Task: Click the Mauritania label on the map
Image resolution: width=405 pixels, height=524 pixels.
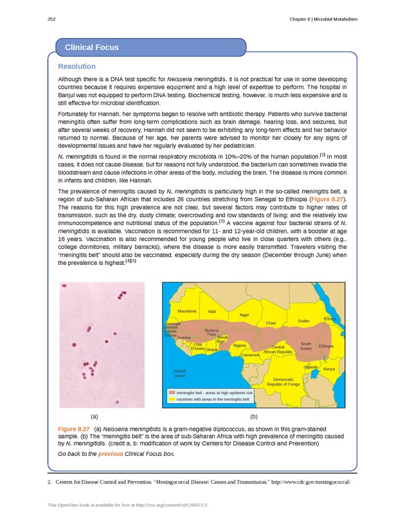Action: click(186, 311)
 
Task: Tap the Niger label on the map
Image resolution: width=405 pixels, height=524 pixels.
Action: click(244, 315)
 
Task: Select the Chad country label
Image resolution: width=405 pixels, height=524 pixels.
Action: click(271, 323)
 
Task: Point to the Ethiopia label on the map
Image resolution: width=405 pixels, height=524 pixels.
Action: click(326, 347)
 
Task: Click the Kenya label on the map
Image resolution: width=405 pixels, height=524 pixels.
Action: click(329, 369)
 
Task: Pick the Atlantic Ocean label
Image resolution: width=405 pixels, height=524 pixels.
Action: click(180, 374)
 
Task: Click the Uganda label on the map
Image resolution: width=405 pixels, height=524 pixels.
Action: click(310, 366)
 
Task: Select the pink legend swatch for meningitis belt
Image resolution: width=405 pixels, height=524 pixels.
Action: click(172, 392)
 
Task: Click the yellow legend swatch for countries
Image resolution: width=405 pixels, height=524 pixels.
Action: click(172, 399)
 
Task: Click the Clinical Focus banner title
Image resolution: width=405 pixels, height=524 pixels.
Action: click(92, 48)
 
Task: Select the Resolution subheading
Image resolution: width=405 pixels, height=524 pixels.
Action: click(76, 66)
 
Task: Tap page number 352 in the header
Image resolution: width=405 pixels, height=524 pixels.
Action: click(52, 19)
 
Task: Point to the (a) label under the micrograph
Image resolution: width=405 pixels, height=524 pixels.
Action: click(94, 417)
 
